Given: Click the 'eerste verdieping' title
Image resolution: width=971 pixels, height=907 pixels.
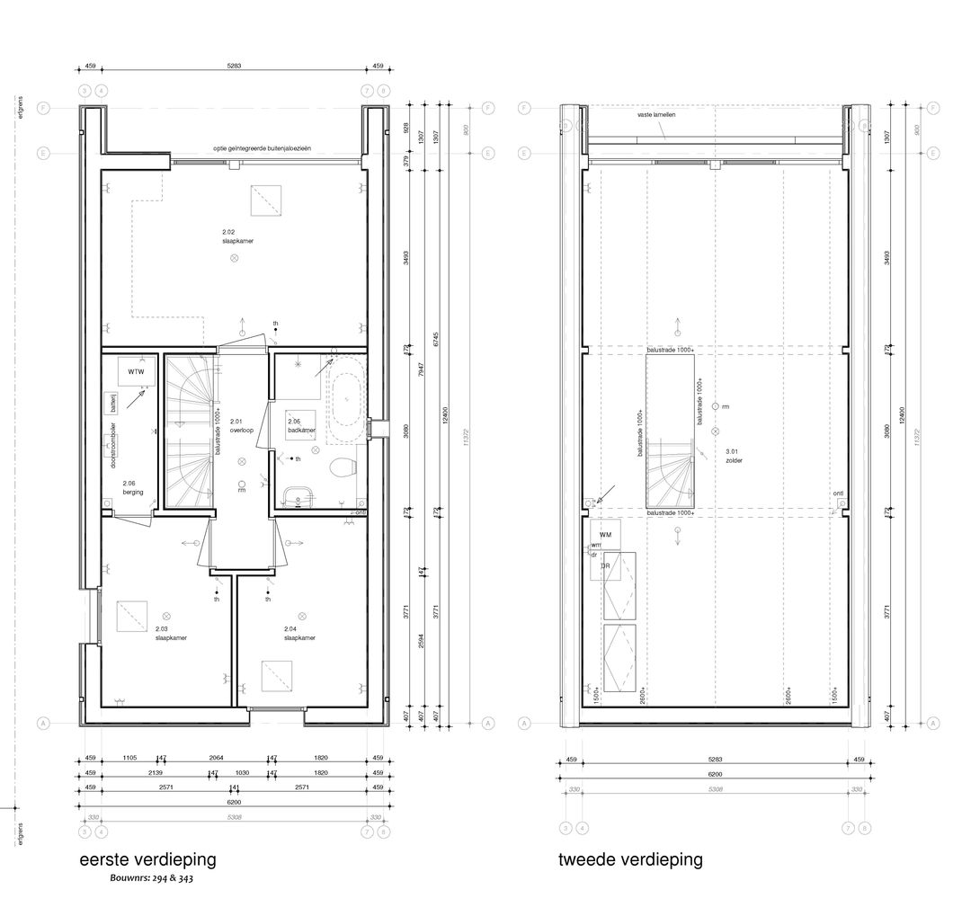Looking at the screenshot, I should (x=147, y=859).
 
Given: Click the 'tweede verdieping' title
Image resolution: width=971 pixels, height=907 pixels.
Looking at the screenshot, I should (x=630, y=859).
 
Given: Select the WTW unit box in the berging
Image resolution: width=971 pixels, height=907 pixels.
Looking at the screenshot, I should (x=136, y=371).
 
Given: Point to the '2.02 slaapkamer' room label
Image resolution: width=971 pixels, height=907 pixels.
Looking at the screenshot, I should (x=232, y=237).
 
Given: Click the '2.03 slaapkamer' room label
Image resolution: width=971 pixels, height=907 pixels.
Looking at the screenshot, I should (x=170, y=633).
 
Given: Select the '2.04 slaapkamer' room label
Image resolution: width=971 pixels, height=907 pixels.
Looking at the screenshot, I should (x=299, y=633).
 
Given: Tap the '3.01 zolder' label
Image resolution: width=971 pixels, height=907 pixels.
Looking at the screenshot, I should (x=735, y=456).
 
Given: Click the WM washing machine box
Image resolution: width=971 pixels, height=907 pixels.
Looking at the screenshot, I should (x=605, y=535).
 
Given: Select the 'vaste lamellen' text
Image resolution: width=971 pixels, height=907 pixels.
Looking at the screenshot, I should (x=658, y=116).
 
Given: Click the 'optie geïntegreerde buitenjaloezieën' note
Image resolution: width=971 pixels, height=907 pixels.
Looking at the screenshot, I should (x=262, y=148).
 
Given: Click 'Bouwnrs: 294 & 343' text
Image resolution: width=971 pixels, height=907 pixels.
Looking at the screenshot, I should (x=151, y=878).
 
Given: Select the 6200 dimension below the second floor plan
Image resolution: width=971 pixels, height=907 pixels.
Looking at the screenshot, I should (x=715, y=774).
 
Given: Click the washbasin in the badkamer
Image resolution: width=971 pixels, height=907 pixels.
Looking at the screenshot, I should (x=298, y=494).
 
